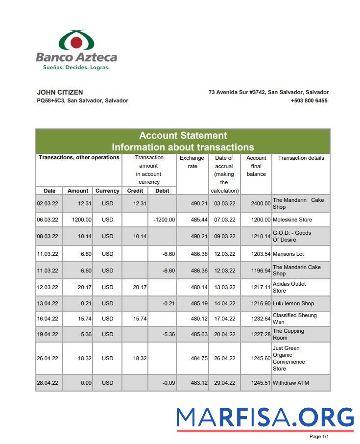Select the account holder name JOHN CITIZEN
(x=60, y=92)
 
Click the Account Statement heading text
(x=183, y=136)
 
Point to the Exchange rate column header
(x=192, y=162)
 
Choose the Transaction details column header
(x=301, y=158)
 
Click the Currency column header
(x=107, y=191)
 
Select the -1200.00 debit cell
(x=164, y=220)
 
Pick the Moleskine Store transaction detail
(x=292, y=220)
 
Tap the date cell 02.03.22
(x=48, y=203)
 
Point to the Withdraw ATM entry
(x=290, y=383)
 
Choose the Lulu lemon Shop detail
(x=293, y=303)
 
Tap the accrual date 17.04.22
(x=224, y=319)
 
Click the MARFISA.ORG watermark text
(x=264, y=417)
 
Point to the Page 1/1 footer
(x=319, y=436)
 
